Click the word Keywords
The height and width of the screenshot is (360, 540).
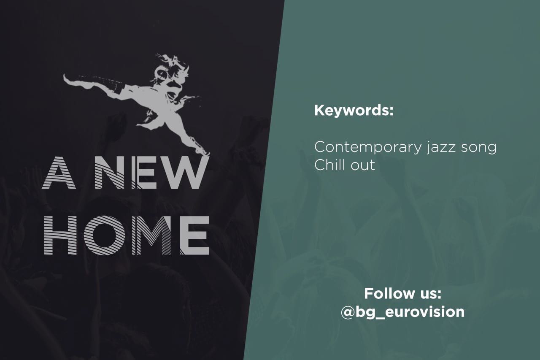pyautogui.click(x=354, y=111)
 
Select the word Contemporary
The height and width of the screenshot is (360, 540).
pyautogui.click(x=368, y=147)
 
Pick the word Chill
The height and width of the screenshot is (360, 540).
pyautogui.click(x=330, y=165)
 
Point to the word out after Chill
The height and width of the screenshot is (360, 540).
pyautogui.click(x=363, y=166)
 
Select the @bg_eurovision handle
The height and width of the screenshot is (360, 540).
pyautogui.click(x=402, y=312)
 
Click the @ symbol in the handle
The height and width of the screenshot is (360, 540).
pyautogui.click(x=348, y=312)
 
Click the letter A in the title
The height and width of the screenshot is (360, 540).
pyautogui.click(x=59, y=173)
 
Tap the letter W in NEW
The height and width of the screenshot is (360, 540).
pyautogui.click(x=183, y=173)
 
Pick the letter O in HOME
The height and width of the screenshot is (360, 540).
pyautogui.click(x=105, y=235)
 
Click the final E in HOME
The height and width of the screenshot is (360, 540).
pyautogui.click(x=195, y=235)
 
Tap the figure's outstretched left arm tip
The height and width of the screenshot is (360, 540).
pyautogui.click(x=65, y=78)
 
